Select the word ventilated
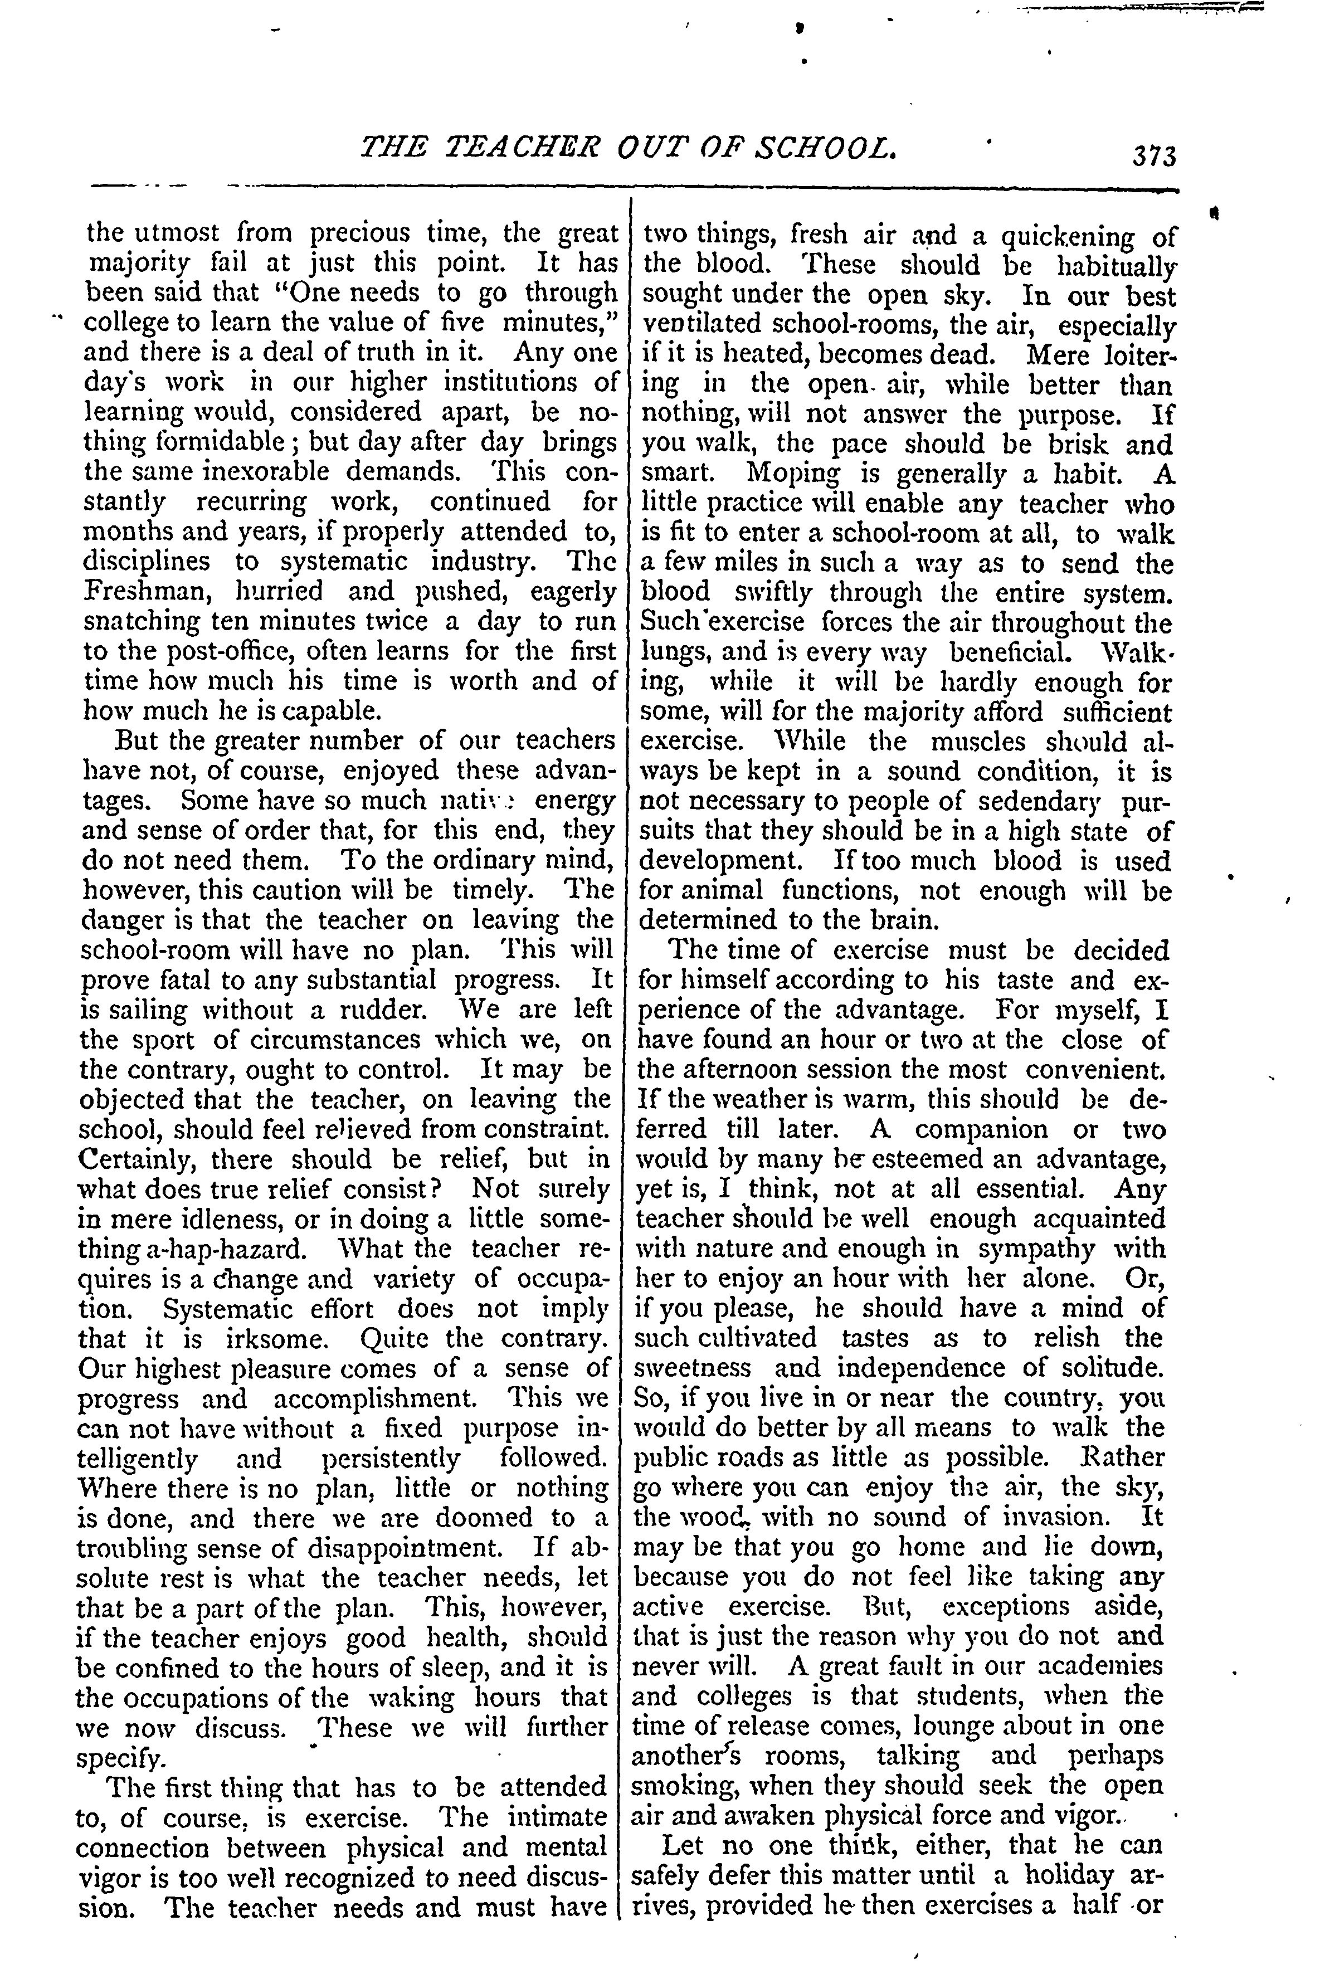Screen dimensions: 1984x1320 [x=702, y=325]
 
